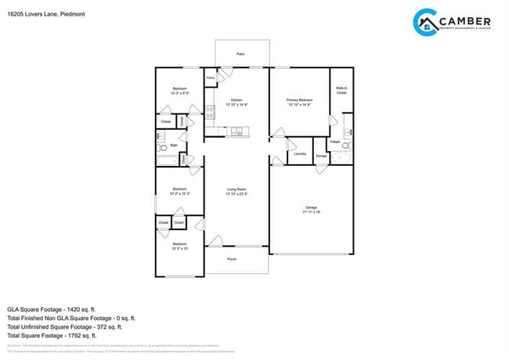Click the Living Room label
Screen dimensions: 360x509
point(236,190)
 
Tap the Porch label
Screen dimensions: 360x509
point(232,259)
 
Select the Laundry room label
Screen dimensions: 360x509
point(299,154)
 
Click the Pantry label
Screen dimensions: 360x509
point(211,78)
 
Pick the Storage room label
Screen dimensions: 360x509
point(321,157)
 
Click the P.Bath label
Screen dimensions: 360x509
point(334,142)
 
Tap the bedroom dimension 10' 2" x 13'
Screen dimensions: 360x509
point(179,249)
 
